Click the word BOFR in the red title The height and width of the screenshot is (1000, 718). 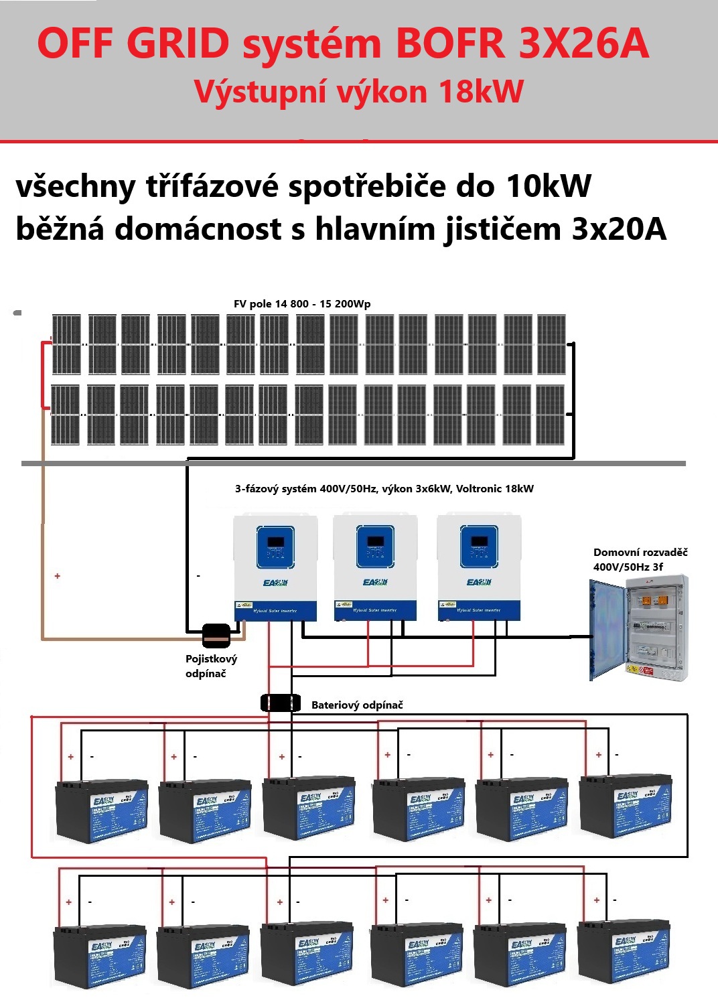coord(449,44)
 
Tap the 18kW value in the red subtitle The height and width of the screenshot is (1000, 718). coord(481,92)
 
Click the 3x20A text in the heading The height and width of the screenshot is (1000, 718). coord(619,229)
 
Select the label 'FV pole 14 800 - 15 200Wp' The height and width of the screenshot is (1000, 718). coord(302,304)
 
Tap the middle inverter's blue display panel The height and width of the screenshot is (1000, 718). coord(375,546)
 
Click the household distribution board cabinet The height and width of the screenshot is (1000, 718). coord(639,628)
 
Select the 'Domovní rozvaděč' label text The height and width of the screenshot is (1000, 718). coord(640,553)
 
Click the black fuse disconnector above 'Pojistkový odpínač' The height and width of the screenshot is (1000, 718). coord(216,634)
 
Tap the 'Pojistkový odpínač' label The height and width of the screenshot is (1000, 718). coord(211,666)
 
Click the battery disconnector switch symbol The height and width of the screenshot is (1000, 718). coord(280,703)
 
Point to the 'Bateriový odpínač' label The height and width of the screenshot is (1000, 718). coord(357,705)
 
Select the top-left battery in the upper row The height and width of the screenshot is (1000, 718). coord(100,810)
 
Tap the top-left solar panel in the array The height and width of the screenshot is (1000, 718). coord(66,344)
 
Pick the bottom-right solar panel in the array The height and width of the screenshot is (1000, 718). coord(551,415)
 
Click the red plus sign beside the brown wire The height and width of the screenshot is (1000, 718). coord(58,576)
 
